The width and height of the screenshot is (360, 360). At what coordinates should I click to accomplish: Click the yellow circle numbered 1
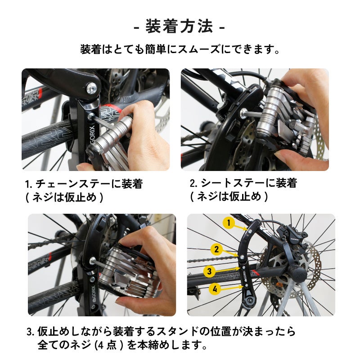click(229, 223)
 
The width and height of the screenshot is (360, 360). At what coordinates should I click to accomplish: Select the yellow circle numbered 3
click(209, 271)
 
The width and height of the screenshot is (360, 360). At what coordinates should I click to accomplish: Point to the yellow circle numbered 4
click(215, 289)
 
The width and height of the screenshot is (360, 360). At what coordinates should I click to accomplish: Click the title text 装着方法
click(179, 27)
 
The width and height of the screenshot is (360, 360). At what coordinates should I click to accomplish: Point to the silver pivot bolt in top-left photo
click(91, 88)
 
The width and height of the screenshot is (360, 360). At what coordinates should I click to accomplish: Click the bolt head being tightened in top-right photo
click(243, 112)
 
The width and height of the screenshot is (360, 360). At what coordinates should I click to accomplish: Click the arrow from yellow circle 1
click(241, 228)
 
